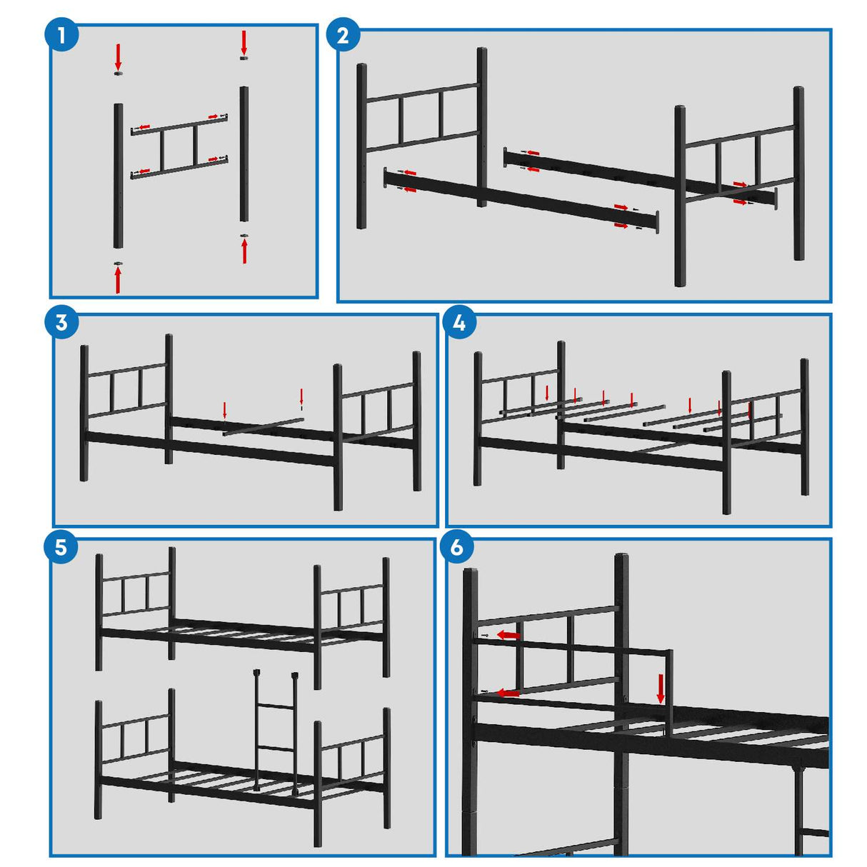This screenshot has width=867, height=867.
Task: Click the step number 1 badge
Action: tap(62, 35)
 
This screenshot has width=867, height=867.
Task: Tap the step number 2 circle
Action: tap(343, 35)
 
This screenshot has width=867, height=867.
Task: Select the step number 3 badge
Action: tap(61, 322)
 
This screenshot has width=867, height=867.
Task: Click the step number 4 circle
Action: tap(459, 322)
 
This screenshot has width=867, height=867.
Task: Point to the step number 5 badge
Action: tap(61, 547)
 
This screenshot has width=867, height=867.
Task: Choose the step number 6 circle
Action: tap(457, 547)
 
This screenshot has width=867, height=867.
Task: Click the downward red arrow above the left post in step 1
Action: tap(119, 55)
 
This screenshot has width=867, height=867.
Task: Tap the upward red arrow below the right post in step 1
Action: tap(244, 251)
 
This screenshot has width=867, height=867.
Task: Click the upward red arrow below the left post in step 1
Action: tap(118, 280)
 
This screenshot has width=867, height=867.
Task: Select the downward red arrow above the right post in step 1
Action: tap(244, 41)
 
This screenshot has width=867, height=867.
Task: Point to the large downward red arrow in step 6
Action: tap(661, 688)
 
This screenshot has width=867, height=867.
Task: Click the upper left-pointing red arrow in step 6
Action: tap(508, 635)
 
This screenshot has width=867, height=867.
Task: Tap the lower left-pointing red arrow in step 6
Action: tap(508, 693)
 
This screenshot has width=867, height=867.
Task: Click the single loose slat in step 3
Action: tap(263, 426)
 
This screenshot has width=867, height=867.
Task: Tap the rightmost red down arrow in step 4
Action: tap(749, 410)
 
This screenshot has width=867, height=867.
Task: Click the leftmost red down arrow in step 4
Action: tap(547, 392)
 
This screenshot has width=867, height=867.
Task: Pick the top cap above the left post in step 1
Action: tap(119, 73)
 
